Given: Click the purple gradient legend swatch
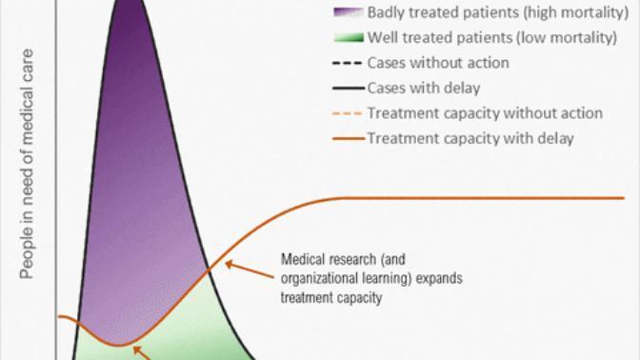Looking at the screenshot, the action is pos(349,12).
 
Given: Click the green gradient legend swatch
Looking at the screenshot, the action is pos(349,38).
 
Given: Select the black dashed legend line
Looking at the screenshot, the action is pos(348,63).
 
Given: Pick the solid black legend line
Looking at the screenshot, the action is pos(349,89).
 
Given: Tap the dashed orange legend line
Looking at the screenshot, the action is pos(348,113).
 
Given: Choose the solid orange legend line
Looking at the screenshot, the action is pos(349,138).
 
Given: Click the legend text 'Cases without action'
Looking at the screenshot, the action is pos(438,63).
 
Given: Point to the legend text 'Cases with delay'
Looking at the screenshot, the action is pos(424,89).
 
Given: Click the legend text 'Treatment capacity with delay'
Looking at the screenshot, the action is pos(470,138).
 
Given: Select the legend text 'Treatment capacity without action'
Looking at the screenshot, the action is pos(485,113).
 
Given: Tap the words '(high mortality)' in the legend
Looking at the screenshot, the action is pos(577,12).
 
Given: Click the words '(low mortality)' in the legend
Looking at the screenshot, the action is pos(567,38).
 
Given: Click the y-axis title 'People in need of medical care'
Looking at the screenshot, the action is pos(27,164).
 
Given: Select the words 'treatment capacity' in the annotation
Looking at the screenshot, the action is pos(331,297).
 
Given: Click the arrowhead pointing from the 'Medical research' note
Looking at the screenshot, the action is pos(229,265).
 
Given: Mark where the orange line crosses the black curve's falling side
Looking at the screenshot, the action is pos(209,270).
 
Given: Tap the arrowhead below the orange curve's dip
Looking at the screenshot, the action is pos(137,350).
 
